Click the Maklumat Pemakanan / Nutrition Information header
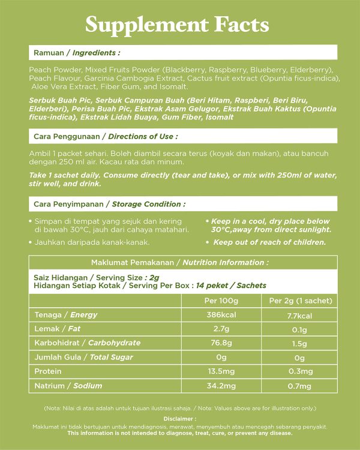pyautogui.click(x=180, y=262)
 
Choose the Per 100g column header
pyautogui.click(x=221, y=301)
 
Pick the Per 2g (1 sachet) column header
pyautogui.click(x=301, y=301)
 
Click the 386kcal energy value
pyautogui.click(x=221, y=315)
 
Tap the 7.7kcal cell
pyautogui.click(x=301, y=315)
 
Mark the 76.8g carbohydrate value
pyautogui.click(x=221, y=343)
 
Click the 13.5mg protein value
pyautogui.click(x=221, y=371)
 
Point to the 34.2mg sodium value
pyautogui.click(x=221, y=386)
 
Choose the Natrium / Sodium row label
pyautogui.click(x=68, y=386)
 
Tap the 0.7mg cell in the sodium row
pyautogui.click(x=301, y=386)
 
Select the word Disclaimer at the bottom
pyautogui.click(x=179, y=419)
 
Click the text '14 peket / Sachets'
pyautogui.click(x=231, y=286)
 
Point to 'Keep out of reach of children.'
pyautogui.click(x=269, y=242)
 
